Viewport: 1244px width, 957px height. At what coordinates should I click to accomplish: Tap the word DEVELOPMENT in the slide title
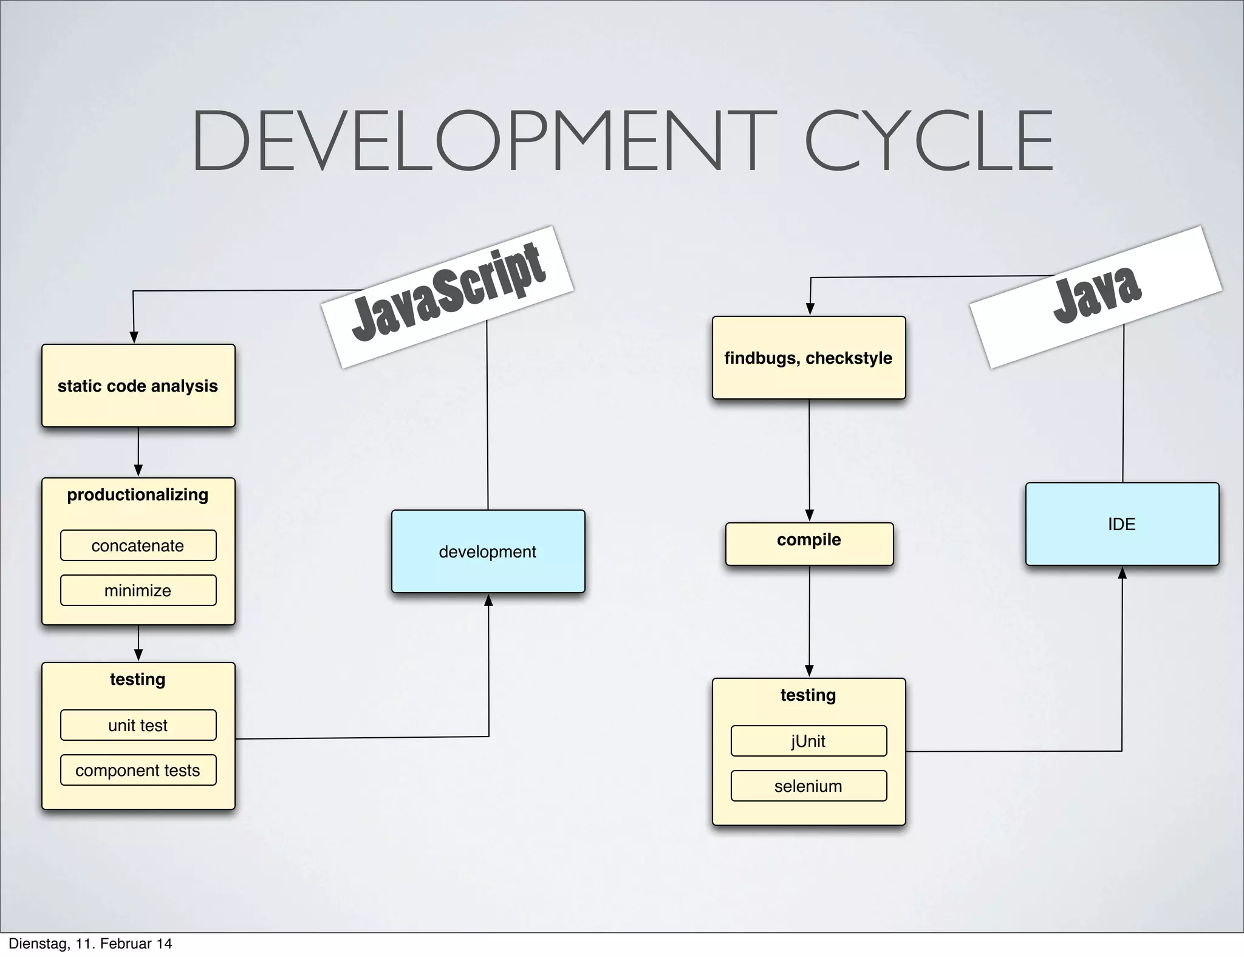(x=484, y=141)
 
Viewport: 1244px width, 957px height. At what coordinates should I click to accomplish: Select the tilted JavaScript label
(x=448, y=296)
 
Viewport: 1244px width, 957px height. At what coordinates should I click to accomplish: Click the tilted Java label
(x=1096, y=296)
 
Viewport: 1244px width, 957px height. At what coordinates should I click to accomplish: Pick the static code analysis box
(x=138, y=386)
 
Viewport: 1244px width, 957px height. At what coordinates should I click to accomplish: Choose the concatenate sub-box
(x=138, y=545)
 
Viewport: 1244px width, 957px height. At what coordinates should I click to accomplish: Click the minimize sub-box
(x=138, y=590)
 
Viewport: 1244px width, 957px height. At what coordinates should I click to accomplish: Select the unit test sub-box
(x=138, y=725)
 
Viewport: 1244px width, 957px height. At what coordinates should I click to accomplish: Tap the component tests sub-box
(x=138, y=770)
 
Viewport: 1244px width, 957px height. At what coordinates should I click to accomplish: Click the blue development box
(x=488, y=551)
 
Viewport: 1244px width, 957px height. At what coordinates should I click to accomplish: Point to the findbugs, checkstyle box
(x=808, y=358)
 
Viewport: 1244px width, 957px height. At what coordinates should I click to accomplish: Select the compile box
(x=809, y=543)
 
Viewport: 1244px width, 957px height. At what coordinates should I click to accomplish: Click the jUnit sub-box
(x=808, y=741)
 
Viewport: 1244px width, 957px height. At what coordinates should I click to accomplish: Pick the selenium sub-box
(x=808, y=786)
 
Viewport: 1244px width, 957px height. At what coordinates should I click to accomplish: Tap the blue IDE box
(x=1122, y=524)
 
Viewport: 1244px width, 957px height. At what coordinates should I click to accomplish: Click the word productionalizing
(x=138, y=495)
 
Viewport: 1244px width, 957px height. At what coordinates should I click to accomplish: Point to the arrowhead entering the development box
(x=488, y=600)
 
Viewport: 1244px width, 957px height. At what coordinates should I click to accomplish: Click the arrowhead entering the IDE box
(x=1122, y=573)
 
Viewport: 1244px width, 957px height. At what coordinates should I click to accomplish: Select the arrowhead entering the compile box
(x=809, y=516)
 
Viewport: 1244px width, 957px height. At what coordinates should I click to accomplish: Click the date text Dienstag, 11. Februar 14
(x=91, y=944)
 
